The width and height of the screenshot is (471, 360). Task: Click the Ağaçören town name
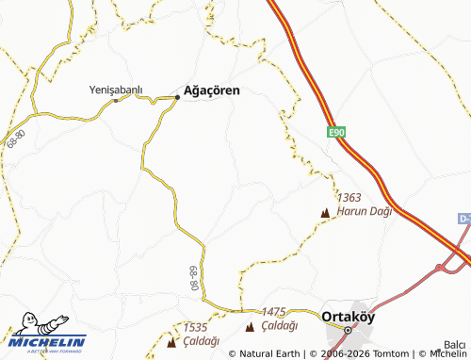(212, 90)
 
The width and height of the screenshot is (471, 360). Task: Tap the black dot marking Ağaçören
(177, 97)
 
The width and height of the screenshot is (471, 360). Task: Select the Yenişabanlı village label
(115, 90)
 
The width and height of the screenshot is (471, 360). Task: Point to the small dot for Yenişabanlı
(116, 100)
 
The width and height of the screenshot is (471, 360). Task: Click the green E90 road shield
(338, 134)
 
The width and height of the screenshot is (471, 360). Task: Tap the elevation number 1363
(349, 198)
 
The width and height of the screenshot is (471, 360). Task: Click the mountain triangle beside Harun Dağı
(326, 213)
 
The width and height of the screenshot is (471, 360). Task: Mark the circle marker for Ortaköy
(347, 330)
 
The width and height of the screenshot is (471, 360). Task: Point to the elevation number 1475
(273, 312)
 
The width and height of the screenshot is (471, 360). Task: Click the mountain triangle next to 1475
(250, 327)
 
